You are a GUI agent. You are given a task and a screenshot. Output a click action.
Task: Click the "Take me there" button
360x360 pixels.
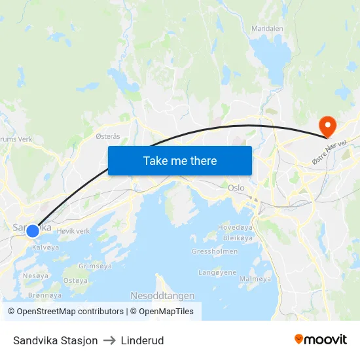pyautogui.click(x=180, y=160)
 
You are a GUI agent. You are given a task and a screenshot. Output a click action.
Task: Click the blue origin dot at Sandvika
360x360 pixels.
pyautogui.click(x=32, y=230)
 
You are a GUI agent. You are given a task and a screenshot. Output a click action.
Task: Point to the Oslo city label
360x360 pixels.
pyautogui.click(x=236, y=188)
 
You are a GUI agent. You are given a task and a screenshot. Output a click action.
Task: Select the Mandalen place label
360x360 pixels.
pyautogui.click(x=268, y=29)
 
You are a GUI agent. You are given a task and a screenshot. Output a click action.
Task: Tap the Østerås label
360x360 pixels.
pyautogui.click(x=108, y=136)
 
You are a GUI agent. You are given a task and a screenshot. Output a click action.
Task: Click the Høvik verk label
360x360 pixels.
pyautogui.click(x=73, y=231)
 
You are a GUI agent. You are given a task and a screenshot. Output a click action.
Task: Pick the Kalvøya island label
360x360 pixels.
pyautogui.click(x=45, y=247)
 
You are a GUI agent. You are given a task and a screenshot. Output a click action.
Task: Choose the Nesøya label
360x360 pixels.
pyautogui.click(x=35, y=276)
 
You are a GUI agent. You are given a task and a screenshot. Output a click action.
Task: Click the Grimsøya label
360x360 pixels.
pyautogui.click(x=95, y=266)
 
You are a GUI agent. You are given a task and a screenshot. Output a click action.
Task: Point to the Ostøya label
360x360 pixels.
pyautogui.click(x=75, y=281)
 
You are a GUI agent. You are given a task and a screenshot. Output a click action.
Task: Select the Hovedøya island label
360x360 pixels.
pyautogui.click(x=234, y=228)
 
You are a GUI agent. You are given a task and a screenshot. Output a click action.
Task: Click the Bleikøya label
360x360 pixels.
pyautogui.click(x=238, y=238)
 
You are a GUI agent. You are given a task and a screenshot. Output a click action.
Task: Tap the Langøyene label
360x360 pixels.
pyautogui.click(x=217, y=272)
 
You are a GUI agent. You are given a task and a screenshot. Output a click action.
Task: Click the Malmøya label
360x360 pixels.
pyautogui.click(x=255, y=279)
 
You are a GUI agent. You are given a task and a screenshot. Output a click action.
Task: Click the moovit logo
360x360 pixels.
pyautogui.click(x=321, y=340)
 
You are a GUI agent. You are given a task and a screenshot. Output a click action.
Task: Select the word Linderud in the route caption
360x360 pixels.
pyautogui.click(x=142, y=340)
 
